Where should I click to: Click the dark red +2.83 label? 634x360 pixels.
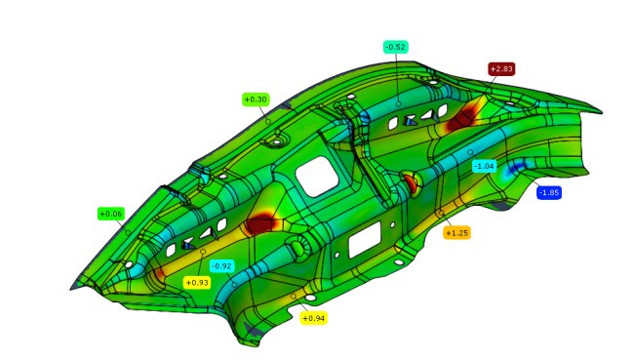(501, 69)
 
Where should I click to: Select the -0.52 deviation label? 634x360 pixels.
(395, 47)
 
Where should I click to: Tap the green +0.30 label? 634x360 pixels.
(256, 100)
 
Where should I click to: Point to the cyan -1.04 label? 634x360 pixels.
(484, 166)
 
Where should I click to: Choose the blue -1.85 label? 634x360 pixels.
(549, 192)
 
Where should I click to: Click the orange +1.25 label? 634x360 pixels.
(456, 232)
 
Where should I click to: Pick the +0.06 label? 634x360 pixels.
(111, 214)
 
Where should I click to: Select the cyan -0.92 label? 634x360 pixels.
(222, 266)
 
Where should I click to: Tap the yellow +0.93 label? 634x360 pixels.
(197, 282)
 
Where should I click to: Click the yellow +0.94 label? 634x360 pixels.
(313, 318)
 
